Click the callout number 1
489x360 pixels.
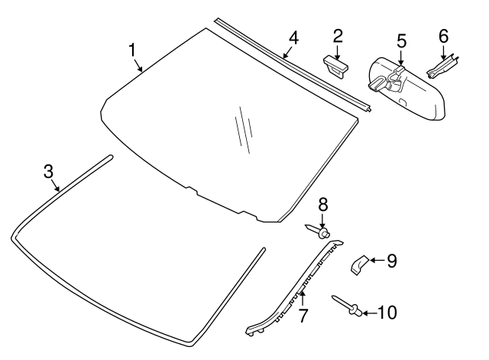point(132,50)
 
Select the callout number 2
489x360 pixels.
point(337,35)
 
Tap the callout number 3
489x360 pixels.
point(49,171)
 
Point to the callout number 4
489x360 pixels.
point(293,38)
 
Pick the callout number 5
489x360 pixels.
point(400,41)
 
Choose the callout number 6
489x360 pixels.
point(443,35)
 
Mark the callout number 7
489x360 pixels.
point(303,314)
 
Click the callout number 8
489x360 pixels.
point(322,204)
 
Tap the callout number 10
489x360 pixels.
point(387,313)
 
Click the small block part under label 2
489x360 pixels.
point(335,65)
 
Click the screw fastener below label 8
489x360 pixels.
point(319,230)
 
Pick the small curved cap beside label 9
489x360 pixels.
point(358,264)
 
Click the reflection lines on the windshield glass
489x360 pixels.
point(243,128)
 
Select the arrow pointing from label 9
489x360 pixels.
point(377,261)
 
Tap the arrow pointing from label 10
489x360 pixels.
point(371,313)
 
